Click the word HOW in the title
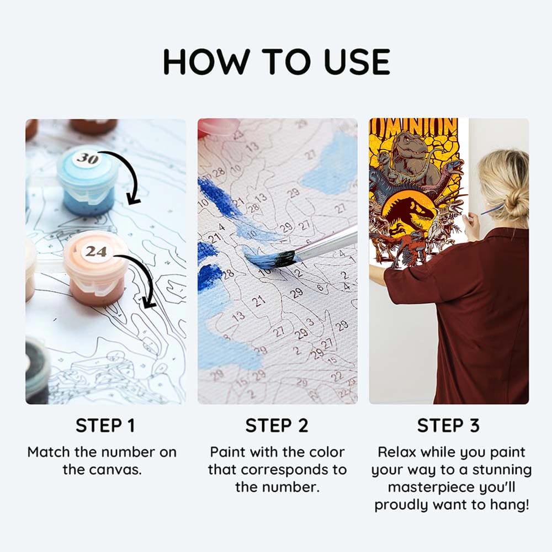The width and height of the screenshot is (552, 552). click(x=206, y=62)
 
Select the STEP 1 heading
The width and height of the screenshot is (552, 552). click(x=105, y=425)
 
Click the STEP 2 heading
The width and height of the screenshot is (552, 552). click(x=277, y=425)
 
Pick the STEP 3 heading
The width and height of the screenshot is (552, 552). click(x=448, y=425)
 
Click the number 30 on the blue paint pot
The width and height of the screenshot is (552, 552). click(x=87, y=159)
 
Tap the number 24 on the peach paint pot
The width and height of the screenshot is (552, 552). click(x=95, y=251)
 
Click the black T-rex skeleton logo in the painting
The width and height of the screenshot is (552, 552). click(x=410, y=215)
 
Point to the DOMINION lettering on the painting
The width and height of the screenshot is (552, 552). click(x=413, y=127)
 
